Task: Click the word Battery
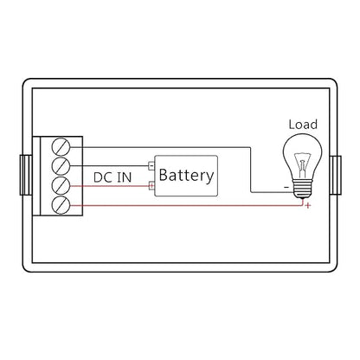[186, 175]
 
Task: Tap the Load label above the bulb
[303, 125]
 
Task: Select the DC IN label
[112, 177]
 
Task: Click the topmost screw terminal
[61, 147]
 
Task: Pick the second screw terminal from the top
[61, 166]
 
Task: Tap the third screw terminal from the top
[61, 186]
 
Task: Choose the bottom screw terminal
[61, 205]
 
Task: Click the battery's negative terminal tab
[151, 165]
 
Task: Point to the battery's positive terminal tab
[151, 186]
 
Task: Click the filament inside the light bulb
[302, 165]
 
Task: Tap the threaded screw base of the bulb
[302, 189]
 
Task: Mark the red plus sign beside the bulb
[308, 205]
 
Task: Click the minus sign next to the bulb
[286, 187]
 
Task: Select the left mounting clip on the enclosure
[26, 175]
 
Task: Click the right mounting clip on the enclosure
[336, 175]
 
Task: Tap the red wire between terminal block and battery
[109, 186]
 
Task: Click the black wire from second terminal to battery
[109, 166]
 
